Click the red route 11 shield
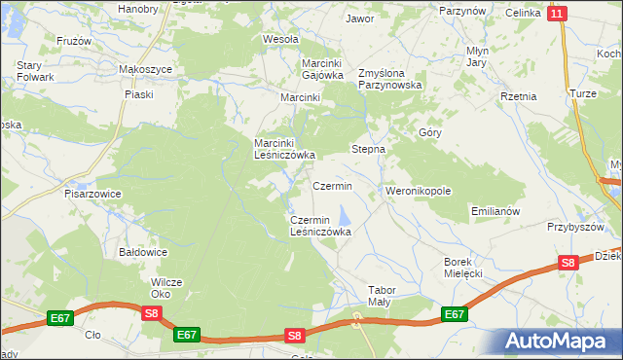coord(556,13)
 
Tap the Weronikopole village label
coord(419,191)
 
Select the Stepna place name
coord(369,150)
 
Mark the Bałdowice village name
coord(143,252)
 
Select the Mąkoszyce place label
coord(145,70)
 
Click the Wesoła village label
coord(280,40)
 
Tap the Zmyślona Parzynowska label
coord(389,79)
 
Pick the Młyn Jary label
coord(476,56)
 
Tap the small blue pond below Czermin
coord(344,215)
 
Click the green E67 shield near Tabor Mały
coord(454,314)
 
